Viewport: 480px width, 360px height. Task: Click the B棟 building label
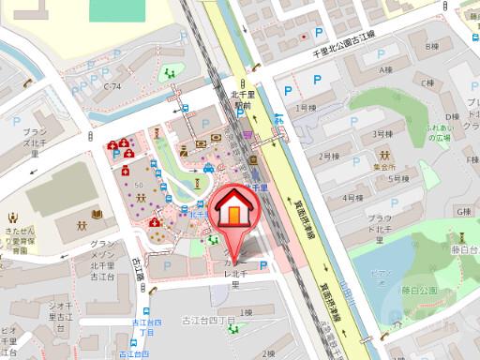tap(431, 46)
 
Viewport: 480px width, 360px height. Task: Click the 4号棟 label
tap(352, 199)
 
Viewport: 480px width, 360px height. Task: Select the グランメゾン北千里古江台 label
tap(101, 258)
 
